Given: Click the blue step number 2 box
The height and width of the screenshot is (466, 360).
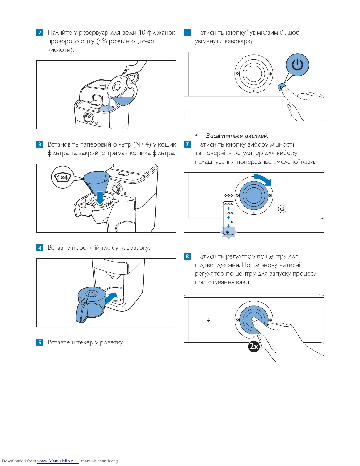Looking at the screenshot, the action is [x=40, y=32].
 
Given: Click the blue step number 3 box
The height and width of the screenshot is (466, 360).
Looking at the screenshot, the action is [x=40, y=144].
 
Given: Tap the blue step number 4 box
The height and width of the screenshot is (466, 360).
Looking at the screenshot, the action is [x=40, y=248].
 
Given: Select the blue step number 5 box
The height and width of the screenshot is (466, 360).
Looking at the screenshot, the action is [x=40, y=342].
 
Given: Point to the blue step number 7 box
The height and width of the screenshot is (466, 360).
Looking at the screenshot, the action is [x=187, y=144].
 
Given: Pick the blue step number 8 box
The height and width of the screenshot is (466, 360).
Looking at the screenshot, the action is [x=187, y=257].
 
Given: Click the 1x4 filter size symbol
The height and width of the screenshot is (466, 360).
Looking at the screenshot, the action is [x=63, y=177].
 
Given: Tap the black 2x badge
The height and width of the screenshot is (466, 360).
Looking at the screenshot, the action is [x=254, y=347].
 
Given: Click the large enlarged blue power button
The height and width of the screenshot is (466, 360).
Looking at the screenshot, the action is [x=297, y=65].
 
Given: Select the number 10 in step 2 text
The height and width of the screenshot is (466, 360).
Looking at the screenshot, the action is [x=142, y=32].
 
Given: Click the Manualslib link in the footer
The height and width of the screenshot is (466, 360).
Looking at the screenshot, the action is [x=55, y=461].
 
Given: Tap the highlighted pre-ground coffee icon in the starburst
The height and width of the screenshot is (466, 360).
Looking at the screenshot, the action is [x=228, y=232].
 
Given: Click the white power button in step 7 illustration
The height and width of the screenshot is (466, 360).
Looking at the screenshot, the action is [x=282, y=209].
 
